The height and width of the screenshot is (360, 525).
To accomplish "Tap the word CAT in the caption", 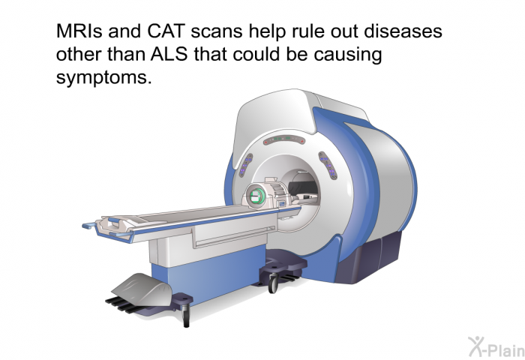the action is [166, 31].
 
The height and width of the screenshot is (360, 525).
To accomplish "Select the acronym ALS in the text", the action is [169, 54].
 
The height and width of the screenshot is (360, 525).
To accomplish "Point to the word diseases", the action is [403, 31].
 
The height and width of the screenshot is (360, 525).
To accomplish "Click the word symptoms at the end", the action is [103, 78].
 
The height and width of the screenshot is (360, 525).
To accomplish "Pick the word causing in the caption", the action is [348, 55].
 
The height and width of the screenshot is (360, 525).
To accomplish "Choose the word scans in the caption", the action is [217, 32].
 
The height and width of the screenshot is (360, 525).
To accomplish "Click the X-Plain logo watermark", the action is [496, 346].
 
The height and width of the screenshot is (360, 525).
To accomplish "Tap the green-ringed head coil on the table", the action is [257, 196].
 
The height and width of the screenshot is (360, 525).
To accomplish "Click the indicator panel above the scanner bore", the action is [284, 140].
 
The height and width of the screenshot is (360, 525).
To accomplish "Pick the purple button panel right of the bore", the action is [328, 166].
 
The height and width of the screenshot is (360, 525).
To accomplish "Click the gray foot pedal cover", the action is [142, 289].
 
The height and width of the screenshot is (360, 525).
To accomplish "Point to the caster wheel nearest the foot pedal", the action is [187, 316].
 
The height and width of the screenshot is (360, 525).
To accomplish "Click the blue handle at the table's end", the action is [88, 226].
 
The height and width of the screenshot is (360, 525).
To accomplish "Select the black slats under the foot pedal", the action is [124, 304].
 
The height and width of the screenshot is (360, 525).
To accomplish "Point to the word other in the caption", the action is [79, 54].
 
